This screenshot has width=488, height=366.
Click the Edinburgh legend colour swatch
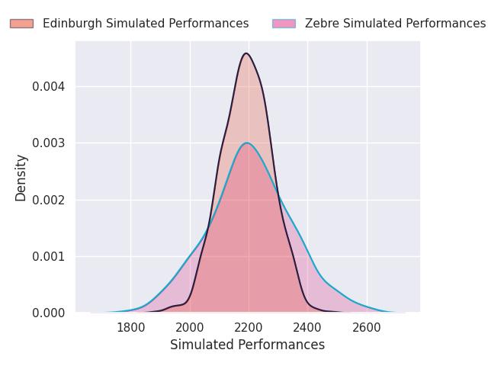(21, 24)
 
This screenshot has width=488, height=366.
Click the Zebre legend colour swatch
(284, 24)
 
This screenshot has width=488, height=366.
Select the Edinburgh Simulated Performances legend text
(146, 24)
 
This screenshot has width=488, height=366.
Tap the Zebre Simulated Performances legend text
(395, 24)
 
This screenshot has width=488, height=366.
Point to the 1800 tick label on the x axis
(130, 328)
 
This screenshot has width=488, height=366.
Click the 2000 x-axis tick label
(190, 328)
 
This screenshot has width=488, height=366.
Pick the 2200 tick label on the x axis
(249, 328)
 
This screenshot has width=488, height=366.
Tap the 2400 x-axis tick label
(307, 328)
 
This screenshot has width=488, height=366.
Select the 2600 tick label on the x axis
(366, 328)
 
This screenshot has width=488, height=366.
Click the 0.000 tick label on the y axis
(49, 313)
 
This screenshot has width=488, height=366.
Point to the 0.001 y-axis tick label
(49, 256)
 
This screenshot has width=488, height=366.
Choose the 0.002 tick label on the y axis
(49, 200)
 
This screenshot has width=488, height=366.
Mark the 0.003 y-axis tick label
(49, 143)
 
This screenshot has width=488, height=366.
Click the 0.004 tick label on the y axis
(49, 86)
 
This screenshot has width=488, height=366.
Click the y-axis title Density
(21, 178)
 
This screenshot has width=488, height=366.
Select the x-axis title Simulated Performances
(247, 345)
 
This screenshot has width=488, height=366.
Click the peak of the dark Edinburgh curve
(246, 53)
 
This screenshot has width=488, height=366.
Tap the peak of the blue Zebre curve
(247, 143)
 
